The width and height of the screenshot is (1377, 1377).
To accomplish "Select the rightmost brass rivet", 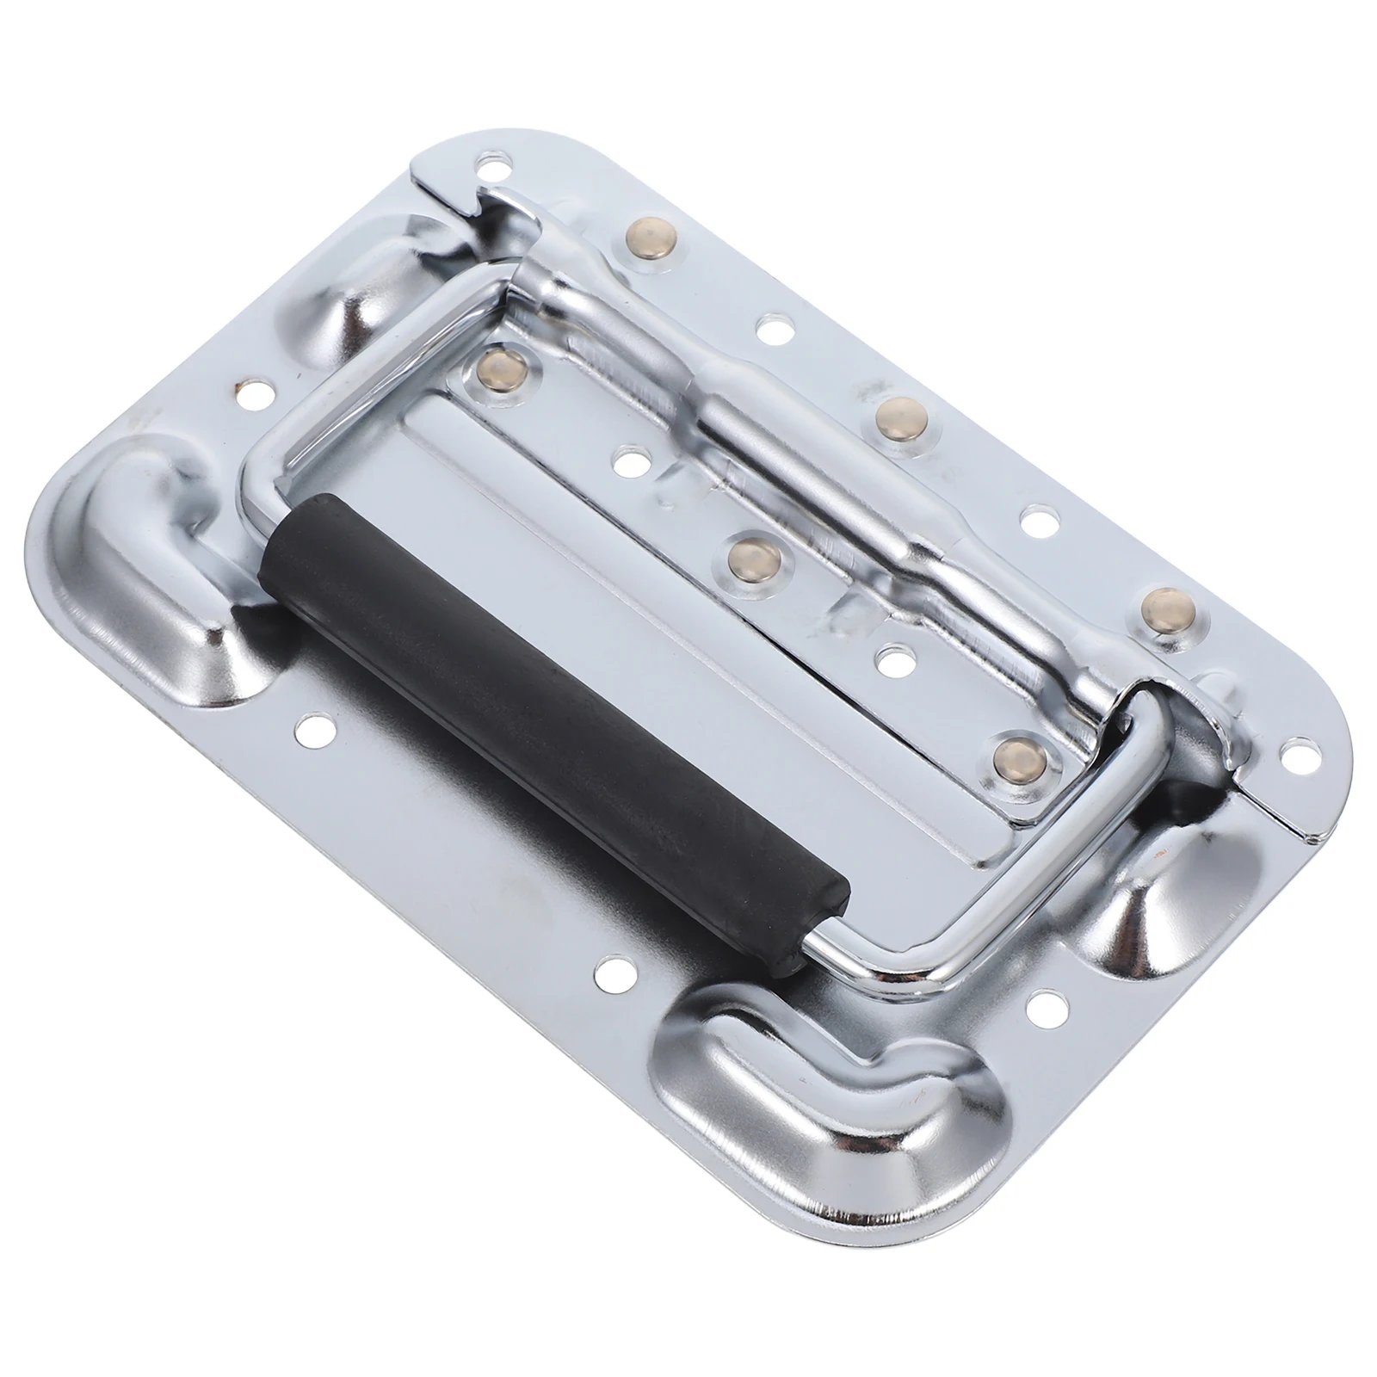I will pos(1164,605).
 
